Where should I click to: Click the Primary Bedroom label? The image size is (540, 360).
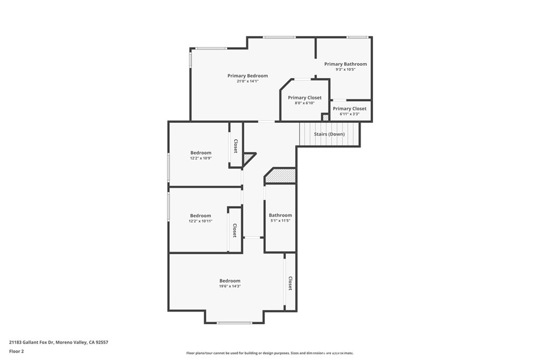[247, 76]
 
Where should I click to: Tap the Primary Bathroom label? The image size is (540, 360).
[345, 64]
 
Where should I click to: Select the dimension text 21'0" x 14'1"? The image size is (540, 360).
[247, 82]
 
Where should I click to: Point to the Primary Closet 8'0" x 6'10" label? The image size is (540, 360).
[304, 98]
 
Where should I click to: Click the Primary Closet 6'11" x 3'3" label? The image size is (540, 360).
[349, 109]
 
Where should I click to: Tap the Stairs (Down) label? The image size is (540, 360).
[329, 134]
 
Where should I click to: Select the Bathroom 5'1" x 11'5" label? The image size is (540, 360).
[280, 215]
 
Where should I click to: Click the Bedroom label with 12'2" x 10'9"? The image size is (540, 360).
[200, 153]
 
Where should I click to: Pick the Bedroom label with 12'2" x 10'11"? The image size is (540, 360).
[200, 216]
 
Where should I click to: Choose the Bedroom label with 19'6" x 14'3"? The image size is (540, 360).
[230, 281]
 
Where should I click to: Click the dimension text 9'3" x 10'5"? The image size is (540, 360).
[345, 70]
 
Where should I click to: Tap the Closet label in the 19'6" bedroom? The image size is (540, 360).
[290, 284]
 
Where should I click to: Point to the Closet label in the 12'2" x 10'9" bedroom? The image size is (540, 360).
[236, 146]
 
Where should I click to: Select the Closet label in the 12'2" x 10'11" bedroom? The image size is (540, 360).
[235, 230]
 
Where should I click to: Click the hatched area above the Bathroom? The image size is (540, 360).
[281, 176]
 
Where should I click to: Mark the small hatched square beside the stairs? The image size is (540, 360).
[325, 117]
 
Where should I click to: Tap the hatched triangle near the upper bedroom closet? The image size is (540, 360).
[247, 158]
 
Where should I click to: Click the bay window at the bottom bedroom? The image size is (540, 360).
[234, 323]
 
